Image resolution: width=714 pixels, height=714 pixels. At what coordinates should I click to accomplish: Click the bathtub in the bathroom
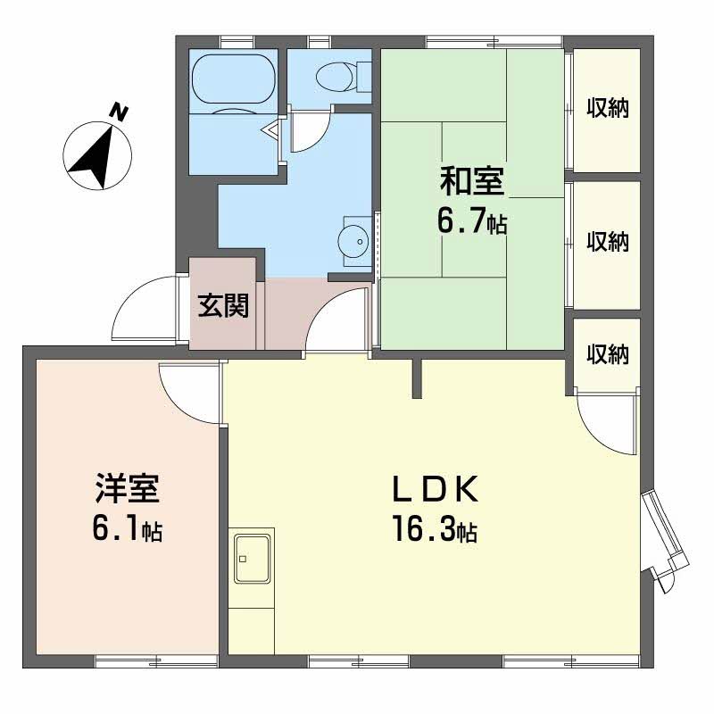click(234, 80)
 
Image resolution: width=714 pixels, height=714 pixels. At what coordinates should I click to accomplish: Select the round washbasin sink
click(353, 241)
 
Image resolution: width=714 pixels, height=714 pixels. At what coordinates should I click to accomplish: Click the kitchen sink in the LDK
click(252, 559)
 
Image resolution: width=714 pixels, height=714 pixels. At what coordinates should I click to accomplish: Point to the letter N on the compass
click(120, 112)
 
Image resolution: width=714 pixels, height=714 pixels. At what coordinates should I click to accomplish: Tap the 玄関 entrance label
click(223, 305)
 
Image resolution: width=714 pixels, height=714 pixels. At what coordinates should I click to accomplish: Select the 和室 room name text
click(472, 181)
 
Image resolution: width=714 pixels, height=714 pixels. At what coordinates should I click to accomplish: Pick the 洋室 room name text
click(127, 488)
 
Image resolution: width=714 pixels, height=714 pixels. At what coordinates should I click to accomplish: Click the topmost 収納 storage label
click(608, 108)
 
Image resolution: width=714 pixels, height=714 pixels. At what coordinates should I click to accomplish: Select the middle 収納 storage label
click(608, 241)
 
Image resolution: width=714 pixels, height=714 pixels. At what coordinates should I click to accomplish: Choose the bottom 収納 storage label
click(608, 353)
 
